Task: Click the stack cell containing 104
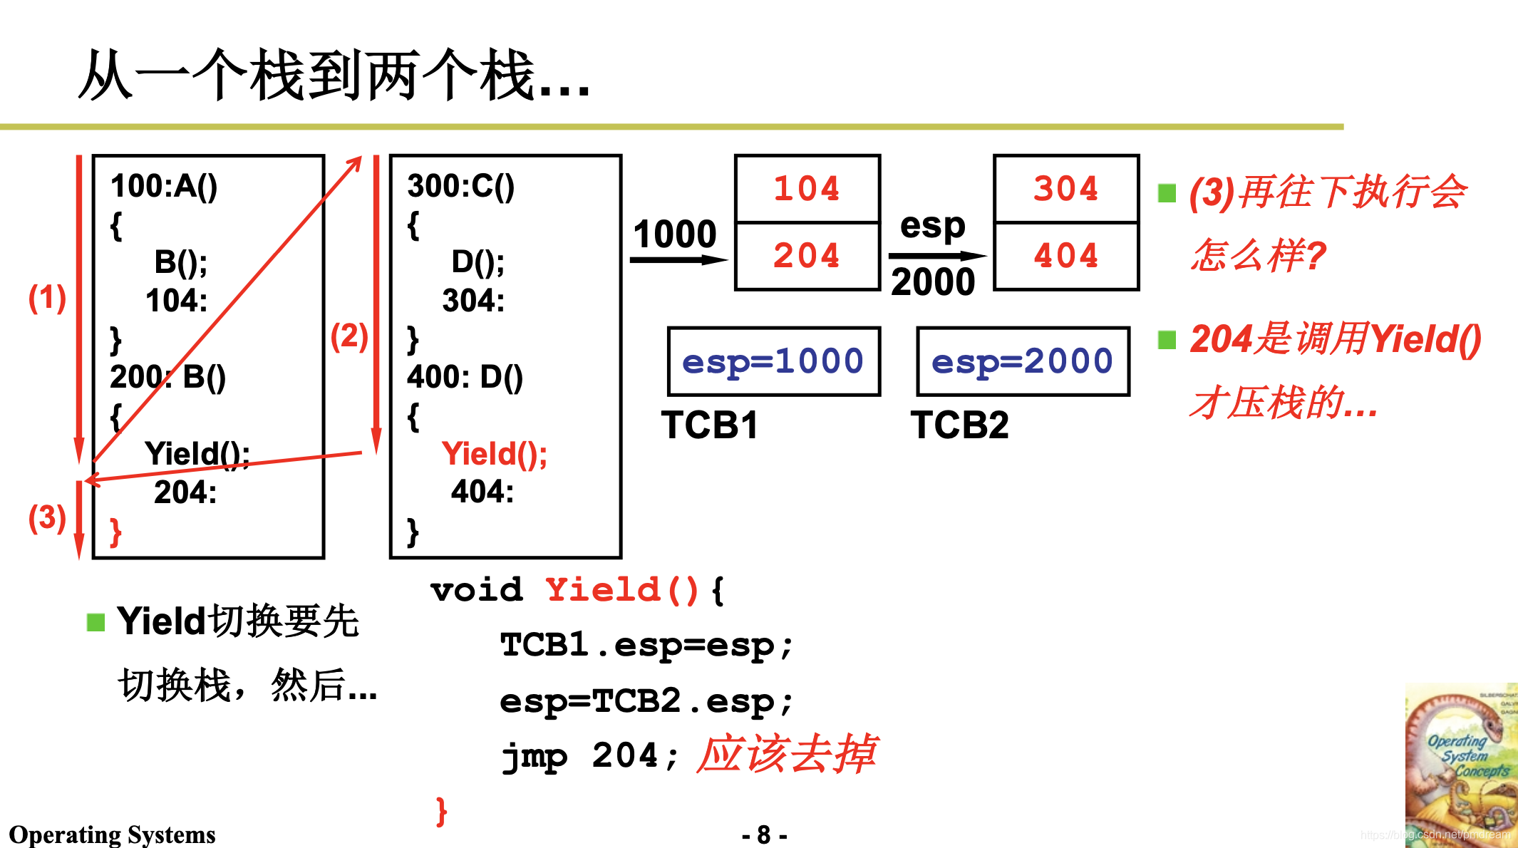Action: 807,189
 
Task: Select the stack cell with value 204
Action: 807,256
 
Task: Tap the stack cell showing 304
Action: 1066,189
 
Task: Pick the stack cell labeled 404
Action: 1066,256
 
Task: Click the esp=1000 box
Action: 773,361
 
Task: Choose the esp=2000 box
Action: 1023,361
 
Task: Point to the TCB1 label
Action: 710,425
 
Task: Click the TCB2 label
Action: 959,425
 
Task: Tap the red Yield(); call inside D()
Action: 494,454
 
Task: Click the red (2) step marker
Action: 349,336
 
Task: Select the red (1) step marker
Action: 47,298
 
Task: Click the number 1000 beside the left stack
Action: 675,234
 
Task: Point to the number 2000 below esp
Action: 933,282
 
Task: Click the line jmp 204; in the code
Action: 589,756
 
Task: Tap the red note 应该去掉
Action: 787,754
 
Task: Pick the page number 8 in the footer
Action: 764,834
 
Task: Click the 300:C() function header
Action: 460,186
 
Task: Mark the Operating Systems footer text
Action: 112,834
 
